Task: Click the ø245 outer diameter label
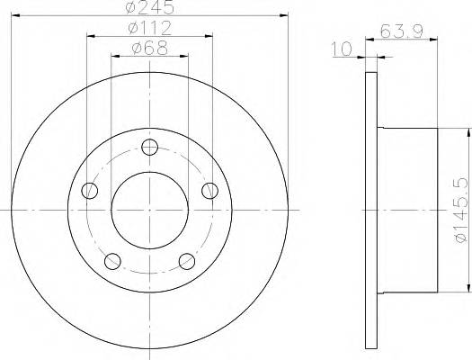pyautogui.click(x=149, y=8)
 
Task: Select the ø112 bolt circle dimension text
pyautogui.click(x=149, y=28)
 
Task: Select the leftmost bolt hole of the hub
pyautogui.click(x=89, y=190)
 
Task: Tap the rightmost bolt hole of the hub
pyautogui.click(x=211, y=190)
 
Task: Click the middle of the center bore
pyautogui.click(x=150, y=210)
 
